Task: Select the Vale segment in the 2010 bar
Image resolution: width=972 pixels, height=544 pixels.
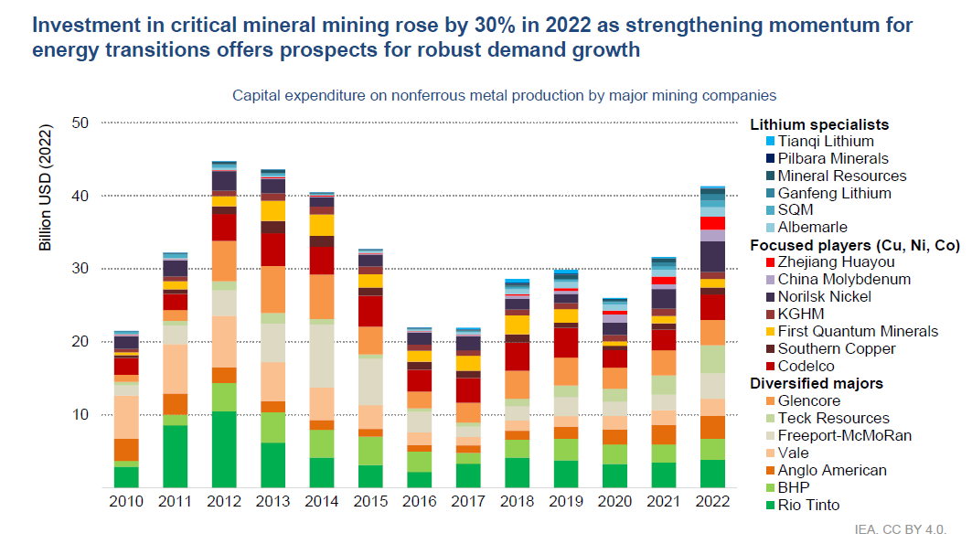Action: point(125,417)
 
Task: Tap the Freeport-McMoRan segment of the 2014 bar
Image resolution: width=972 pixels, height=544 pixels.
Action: point(322,356)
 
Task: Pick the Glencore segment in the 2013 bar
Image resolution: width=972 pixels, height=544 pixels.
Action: point(272,289)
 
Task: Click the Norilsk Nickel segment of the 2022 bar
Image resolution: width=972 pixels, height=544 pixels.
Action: point(712,256)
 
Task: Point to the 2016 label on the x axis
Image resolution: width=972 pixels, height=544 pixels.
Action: point(421,502)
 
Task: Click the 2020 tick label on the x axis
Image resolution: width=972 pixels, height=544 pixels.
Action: point(614,502)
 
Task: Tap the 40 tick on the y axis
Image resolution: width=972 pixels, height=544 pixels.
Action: point(82,196)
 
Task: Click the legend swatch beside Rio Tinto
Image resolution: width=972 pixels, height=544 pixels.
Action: point(770,506)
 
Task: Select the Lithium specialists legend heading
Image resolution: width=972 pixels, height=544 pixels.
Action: point(819,124)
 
